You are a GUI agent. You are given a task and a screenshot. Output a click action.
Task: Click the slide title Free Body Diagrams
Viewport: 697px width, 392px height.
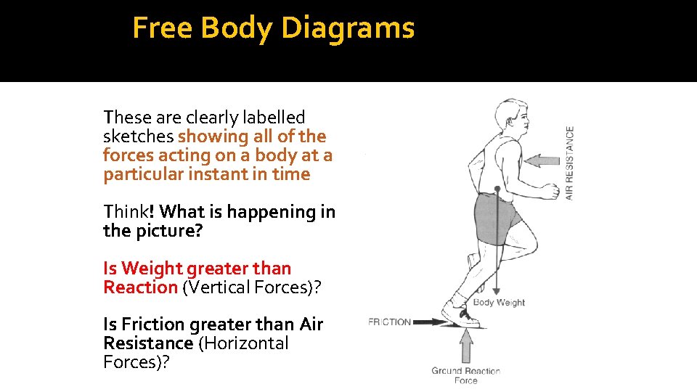pyautogui.click(x=274, y=28)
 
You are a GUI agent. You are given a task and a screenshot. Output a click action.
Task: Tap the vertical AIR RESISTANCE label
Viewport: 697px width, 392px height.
pyautogui.click(x=570, y=163)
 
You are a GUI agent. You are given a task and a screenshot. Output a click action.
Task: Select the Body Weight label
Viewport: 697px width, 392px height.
pyautogui.click(x=499, y=302)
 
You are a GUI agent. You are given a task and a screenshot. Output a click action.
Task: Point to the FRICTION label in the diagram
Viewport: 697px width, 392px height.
pyautogui.click(x=390, y=322)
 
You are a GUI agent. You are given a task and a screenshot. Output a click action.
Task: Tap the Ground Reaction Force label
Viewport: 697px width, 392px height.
pyautogui.click(x=465, y=375)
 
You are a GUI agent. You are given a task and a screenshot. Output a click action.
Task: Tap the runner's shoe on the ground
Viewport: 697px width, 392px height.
pyautogui.click(x=462, y=317)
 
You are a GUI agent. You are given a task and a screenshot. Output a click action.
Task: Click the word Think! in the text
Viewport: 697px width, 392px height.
pyautogui.click(x=129, y=212)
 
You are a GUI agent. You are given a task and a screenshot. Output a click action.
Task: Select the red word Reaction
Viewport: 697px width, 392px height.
pyautogui.click(x=140, y=287)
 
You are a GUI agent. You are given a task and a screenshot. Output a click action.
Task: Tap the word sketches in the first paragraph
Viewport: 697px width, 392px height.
pyautogui.click(x=139, y=136)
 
